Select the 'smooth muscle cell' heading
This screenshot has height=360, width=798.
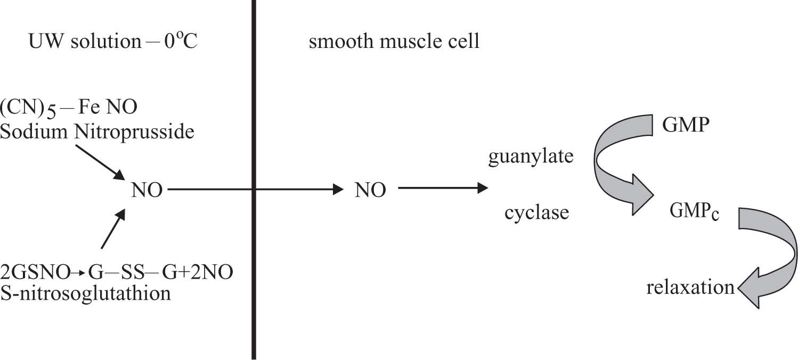coord(394,41)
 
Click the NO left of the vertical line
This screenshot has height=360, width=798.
coord(148,190)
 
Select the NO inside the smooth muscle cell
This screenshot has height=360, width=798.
coord(370,190)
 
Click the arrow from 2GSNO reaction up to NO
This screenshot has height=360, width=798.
coord(112,229)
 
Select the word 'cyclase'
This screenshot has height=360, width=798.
coord(536,213)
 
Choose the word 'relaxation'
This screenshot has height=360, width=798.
coord(690,288)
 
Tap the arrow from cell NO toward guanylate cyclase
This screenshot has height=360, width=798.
coord(442,188)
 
